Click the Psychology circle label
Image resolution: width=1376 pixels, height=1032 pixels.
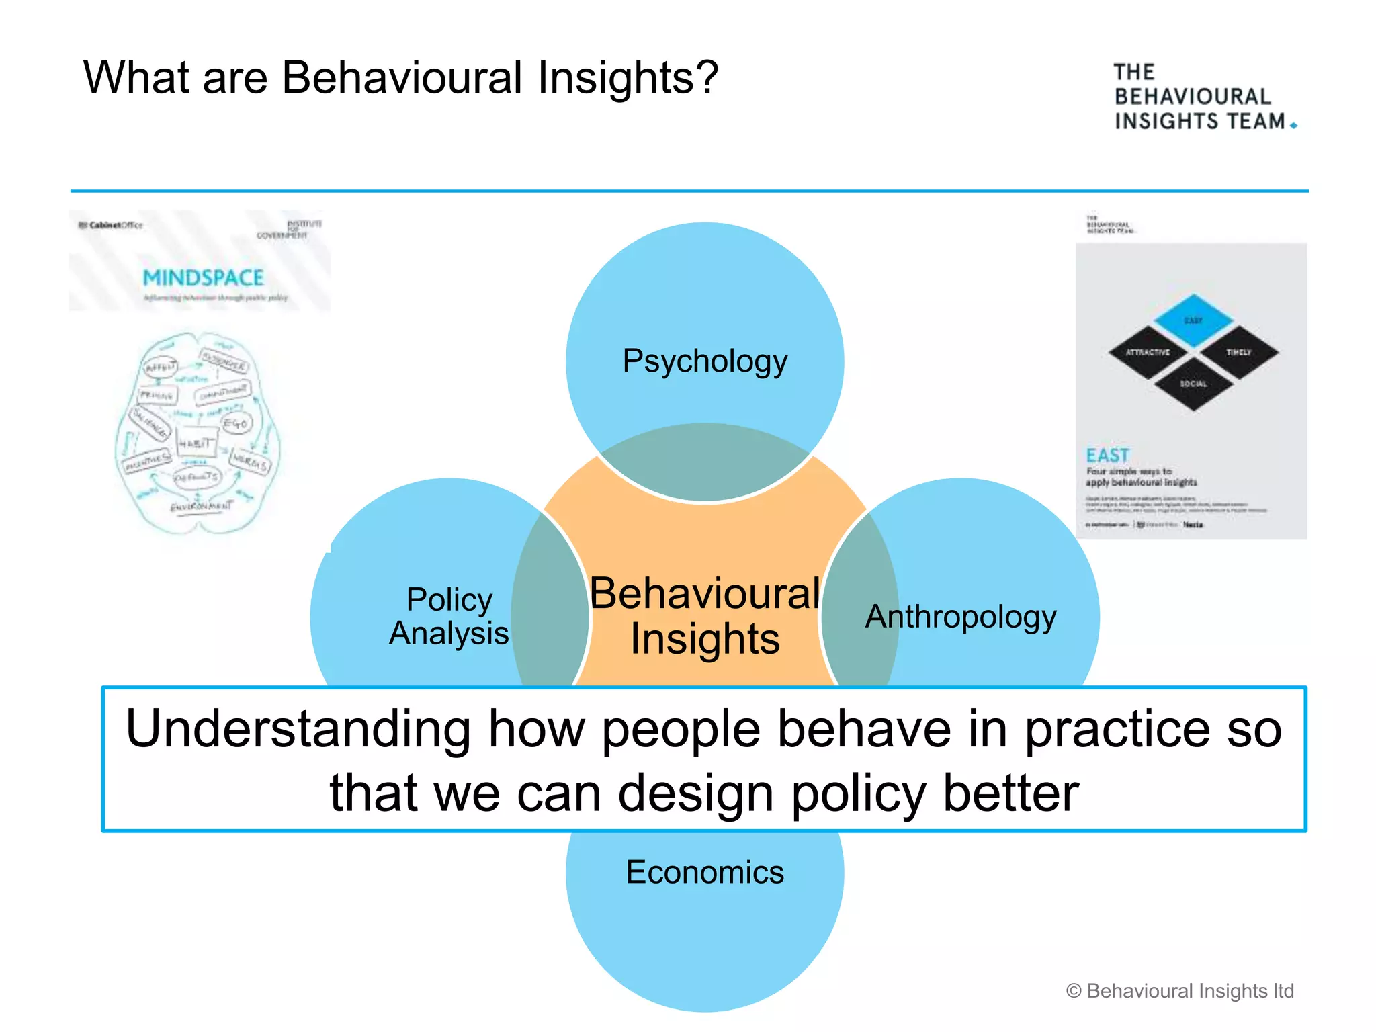point(704,361)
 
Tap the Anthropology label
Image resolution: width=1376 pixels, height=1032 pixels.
point(960,616)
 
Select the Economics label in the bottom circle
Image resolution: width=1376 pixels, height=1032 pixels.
point(704,872)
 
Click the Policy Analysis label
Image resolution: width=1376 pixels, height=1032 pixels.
point(449,616)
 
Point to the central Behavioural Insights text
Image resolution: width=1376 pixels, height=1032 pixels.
point(704,616)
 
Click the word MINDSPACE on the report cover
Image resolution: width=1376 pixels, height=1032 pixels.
point(203,277)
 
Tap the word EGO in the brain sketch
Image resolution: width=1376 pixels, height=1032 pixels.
point(236,423)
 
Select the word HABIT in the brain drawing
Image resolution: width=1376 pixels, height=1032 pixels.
point(196,443)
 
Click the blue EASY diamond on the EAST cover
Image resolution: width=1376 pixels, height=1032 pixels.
point(1193,320)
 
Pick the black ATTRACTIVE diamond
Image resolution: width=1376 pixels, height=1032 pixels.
point(1148,352)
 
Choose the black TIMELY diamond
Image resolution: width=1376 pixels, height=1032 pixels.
point(1238,352)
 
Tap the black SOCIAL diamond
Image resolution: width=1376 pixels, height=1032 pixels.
point(1193,384)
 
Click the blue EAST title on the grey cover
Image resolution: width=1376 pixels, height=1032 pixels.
point(1107,455)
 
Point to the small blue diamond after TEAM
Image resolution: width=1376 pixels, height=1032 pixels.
point(1293,126)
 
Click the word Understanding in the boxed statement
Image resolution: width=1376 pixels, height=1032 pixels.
point(298,728)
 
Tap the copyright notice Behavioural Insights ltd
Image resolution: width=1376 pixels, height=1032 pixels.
point(1180,991)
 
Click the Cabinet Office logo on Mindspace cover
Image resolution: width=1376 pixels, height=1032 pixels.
point(111,225)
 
